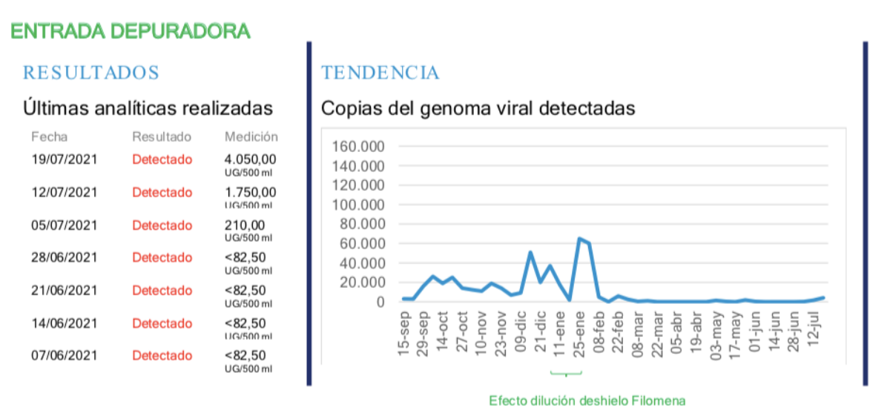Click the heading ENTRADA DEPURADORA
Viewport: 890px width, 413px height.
[x=130, y=31]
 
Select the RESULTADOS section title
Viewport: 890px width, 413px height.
[x=91, y=73]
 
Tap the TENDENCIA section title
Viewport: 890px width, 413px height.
[x=380, y=73]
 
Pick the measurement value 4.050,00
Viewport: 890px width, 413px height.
[x=251, y=159]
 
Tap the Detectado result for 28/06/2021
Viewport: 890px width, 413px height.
[x=162, y=258]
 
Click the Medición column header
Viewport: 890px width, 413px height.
[x=251, y=137]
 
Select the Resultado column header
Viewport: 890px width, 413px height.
[x=162, y=137]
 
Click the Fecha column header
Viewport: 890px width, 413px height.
[x=49, y=137]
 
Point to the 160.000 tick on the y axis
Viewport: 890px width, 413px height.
[x=359, y=147]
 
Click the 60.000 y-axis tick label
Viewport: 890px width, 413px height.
[x=362, y=244]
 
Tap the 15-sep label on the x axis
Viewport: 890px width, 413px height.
[x=405, y=338]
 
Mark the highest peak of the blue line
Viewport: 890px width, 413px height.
[x=579, y=239]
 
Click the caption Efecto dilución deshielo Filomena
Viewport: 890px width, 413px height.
[x=587, y=400]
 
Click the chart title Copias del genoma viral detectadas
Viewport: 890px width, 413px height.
[x=478, y=108]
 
